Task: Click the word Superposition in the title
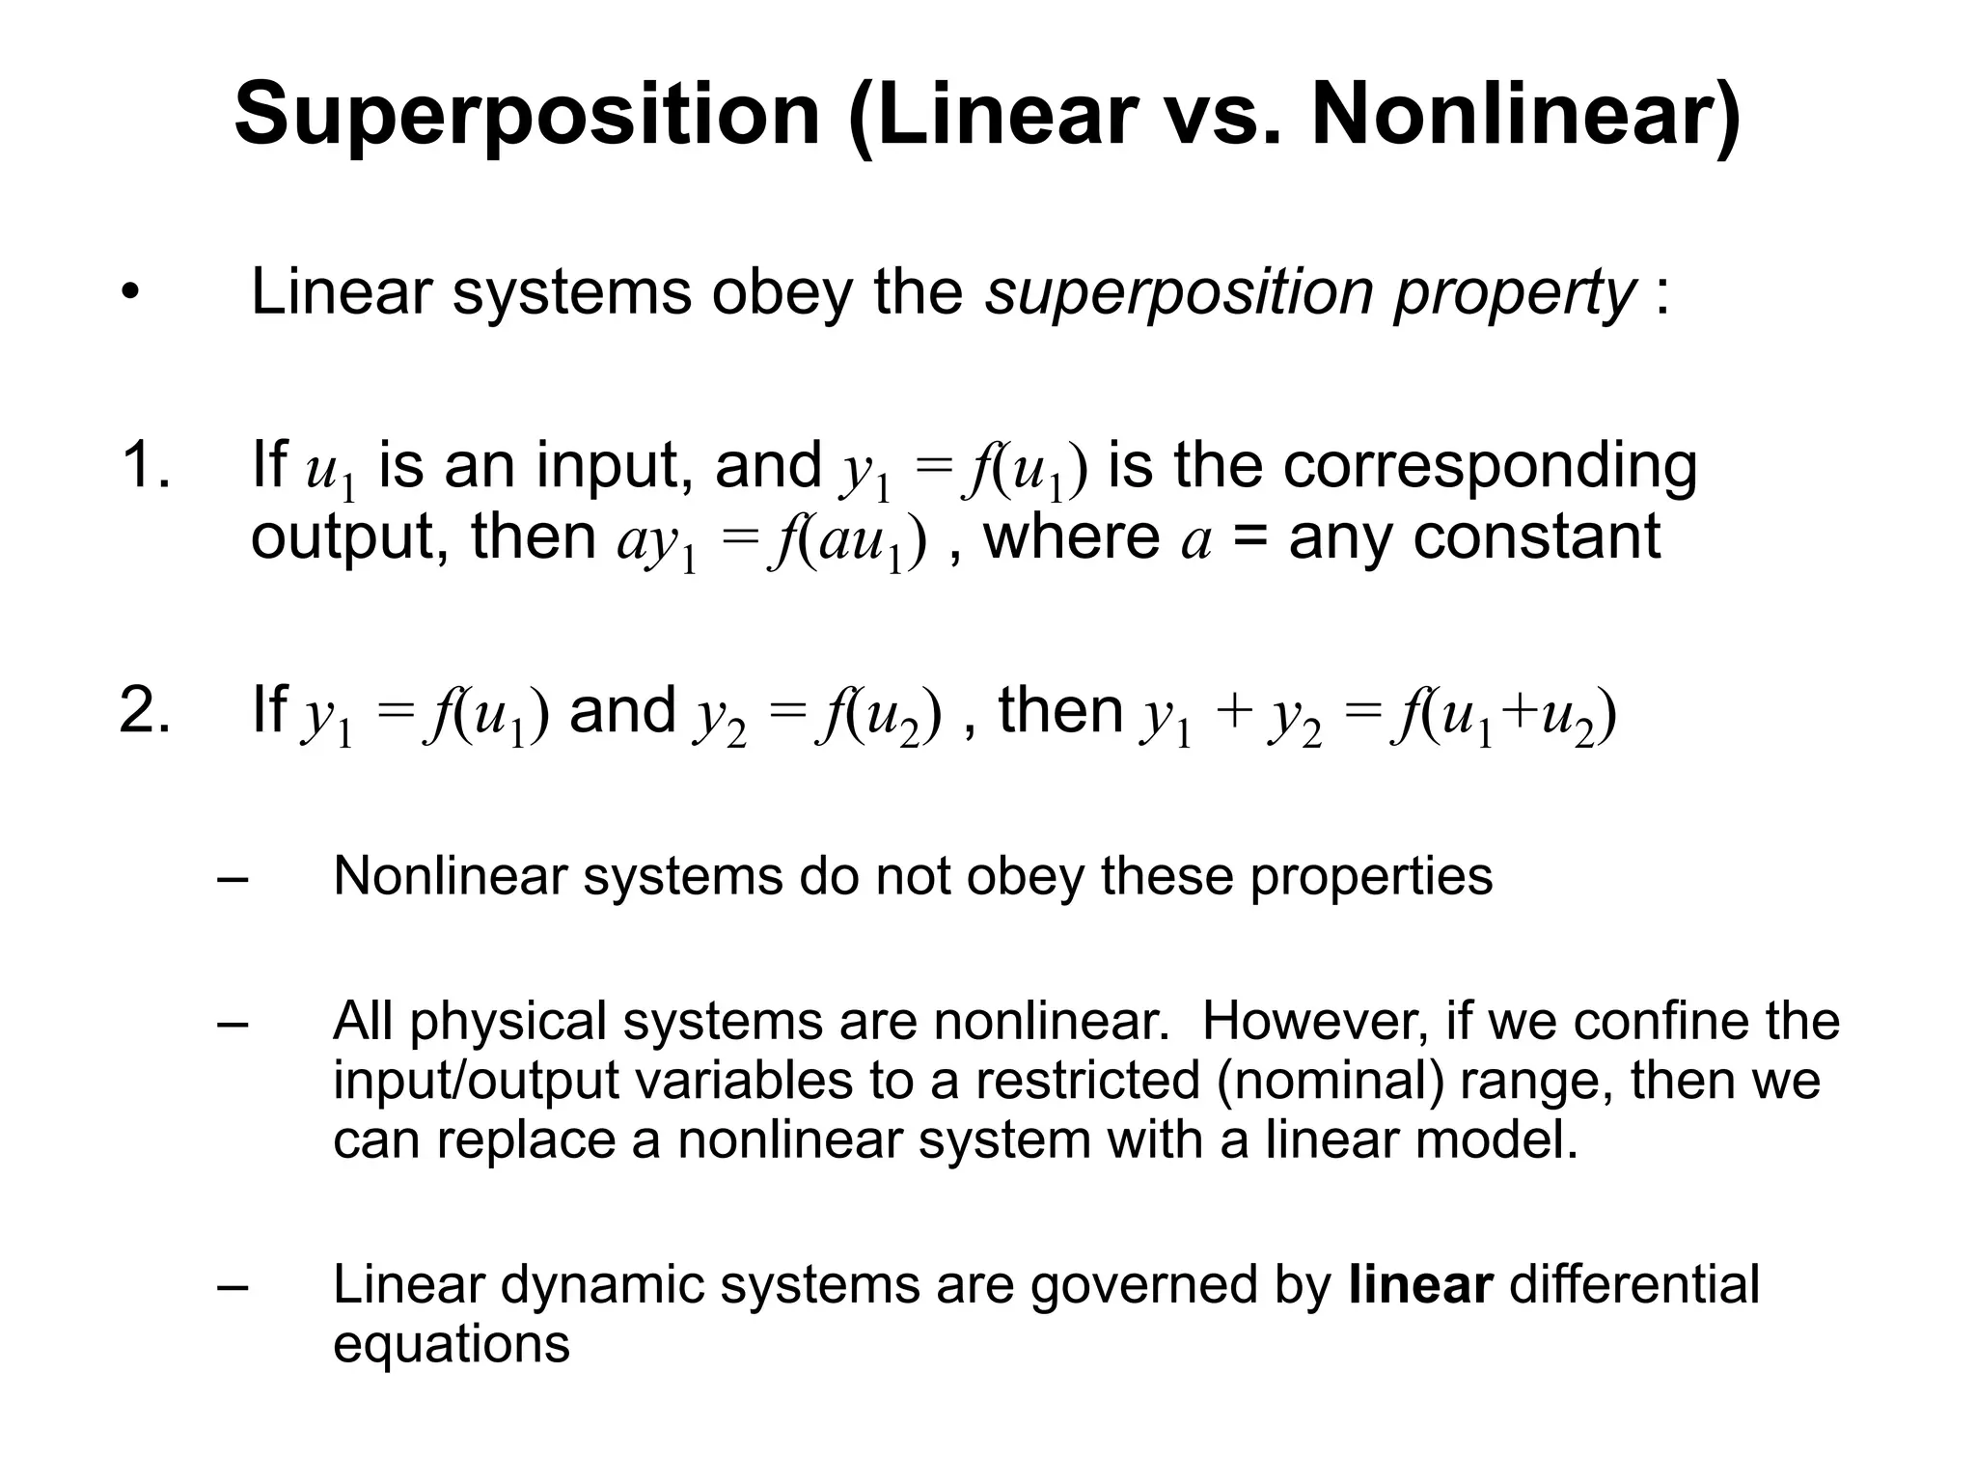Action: pos(527,116)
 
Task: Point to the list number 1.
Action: pos(145,465)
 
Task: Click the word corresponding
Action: pos(1490,467)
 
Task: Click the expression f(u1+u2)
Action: pos(1504,716)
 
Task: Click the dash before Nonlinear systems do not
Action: pos(233,878)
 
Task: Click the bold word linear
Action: pos(1420,1285)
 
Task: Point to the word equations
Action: pos(452,1345)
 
